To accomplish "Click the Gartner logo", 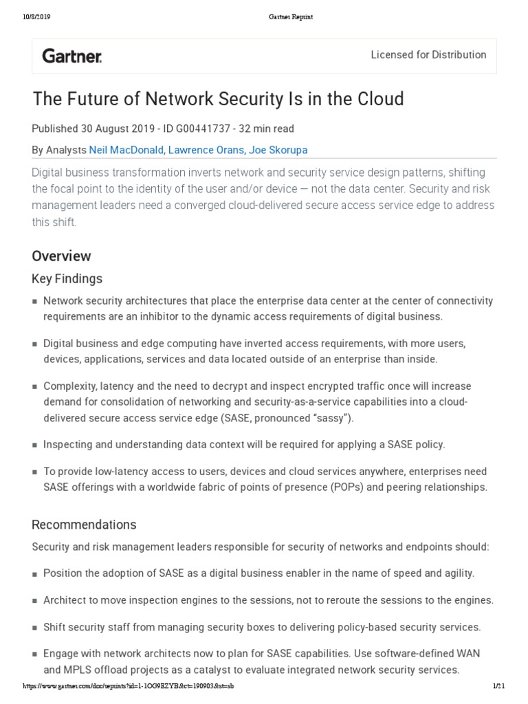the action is pyautogui.click(x=72, y=56).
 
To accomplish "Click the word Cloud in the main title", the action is pyautogui.click(x=378, y=100).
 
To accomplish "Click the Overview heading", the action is pyautogui.click(x=61, y=256).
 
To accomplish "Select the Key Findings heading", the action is pyautogui.click(x=67, y=278).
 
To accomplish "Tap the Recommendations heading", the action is pyautogui.click(x=84, y=525).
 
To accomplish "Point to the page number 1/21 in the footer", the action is pyautogui.click(x=499, y=686).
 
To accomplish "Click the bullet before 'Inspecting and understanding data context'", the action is pyautogui.click(x=35, y=445).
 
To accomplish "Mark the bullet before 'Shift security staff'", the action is pyautogui.click(x=35, y=628).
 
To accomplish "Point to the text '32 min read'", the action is pyautogui.click(x=266, y=129).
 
